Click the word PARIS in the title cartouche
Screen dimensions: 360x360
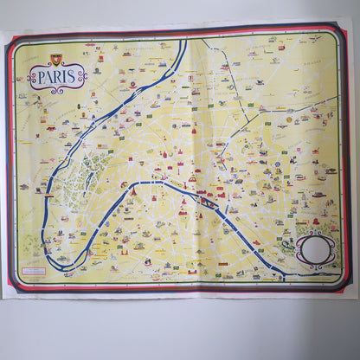pos(57,78)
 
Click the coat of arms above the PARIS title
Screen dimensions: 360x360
pos(56,60)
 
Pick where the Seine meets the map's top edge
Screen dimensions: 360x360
pos(185,41)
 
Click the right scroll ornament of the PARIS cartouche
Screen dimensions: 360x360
pos(83,78)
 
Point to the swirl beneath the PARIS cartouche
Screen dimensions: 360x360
pos(57,92)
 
